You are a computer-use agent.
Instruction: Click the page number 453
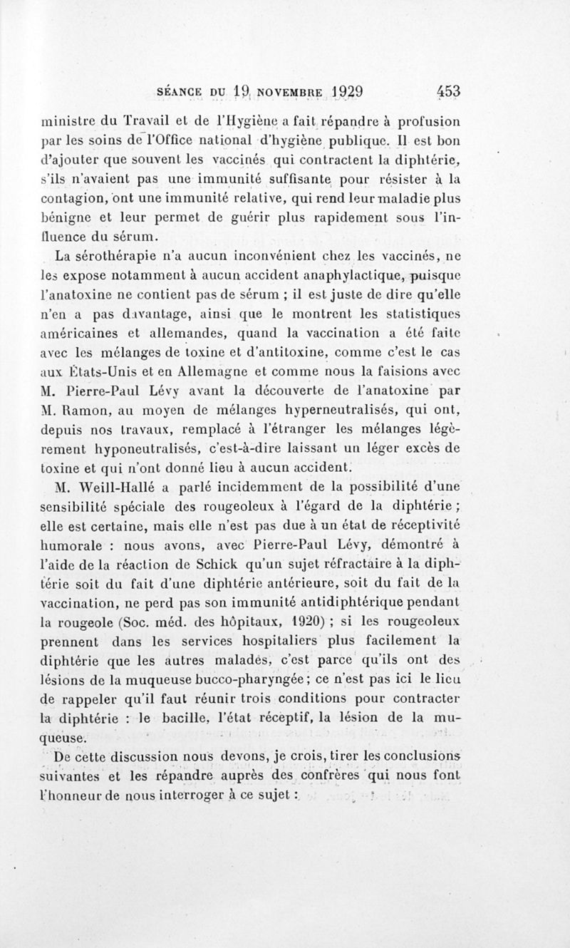point(449,91)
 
